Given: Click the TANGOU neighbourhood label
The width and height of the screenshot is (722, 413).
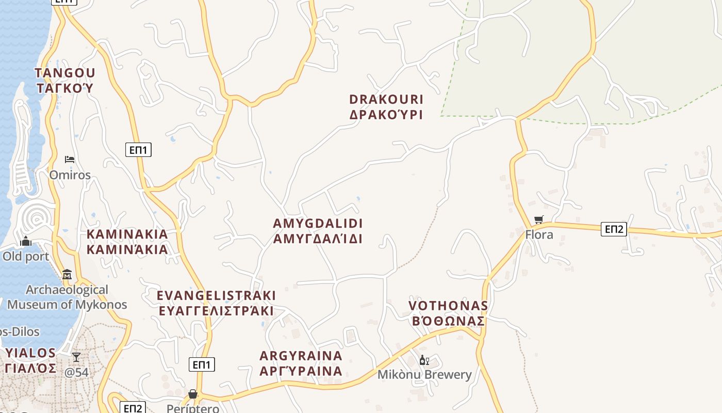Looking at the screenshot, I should [x=65, y=72].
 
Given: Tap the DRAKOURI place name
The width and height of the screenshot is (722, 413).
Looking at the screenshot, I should [x=386, y=99].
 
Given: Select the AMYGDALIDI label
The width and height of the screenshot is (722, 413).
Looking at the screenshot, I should [x=318, y=224].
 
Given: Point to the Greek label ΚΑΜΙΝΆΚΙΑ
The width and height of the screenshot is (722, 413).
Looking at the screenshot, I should [x=127, y=250].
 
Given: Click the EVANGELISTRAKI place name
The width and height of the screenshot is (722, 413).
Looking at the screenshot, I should [x=216, y=295].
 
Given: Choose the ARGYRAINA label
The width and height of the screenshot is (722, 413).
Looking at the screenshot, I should [x=301, y=356].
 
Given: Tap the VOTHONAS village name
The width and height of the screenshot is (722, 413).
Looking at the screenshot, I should [x=448, y=306].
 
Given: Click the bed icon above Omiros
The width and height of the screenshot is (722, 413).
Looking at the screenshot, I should [x=70, y=160].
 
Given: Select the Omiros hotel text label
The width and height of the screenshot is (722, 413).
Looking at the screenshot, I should [x=70, y=175].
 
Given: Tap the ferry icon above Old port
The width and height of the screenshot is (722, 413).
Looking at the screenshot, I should [x=26, y=241].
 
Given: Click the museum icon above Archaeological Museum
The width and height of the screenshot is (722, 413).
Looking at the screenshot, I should [x=67, y=274].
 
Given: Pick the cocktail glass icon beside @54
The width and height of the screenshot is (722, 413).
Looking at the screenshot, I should [x=76, y=357].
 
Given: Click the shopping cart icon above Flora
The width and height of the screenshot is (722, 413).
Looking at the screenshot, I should [x=539, y=220].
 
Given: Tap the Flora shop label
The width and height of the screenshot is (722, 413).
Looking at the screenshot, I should [x=539, y=235].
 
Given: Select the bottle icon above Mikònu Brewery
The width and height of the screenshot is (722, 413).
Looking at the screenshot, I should [x=424, y=360].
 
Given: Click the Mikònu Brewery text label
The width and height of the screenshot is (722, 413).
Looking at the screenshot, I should [x=424, y=375].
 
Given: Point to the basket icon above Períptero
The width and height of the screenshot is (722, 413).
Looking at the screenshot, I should [x=193, y=394].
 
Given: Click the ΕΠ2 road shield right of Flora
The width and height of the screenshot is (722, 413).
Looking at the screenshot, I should [x=614, y=229].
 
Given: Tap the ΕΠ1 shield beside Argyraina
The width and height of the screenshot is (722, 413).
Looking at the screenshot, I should [x=202, y=365].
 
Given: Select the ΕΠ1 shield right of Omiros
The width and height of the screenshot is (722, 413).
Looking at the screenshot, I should [x=138, y=150].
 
